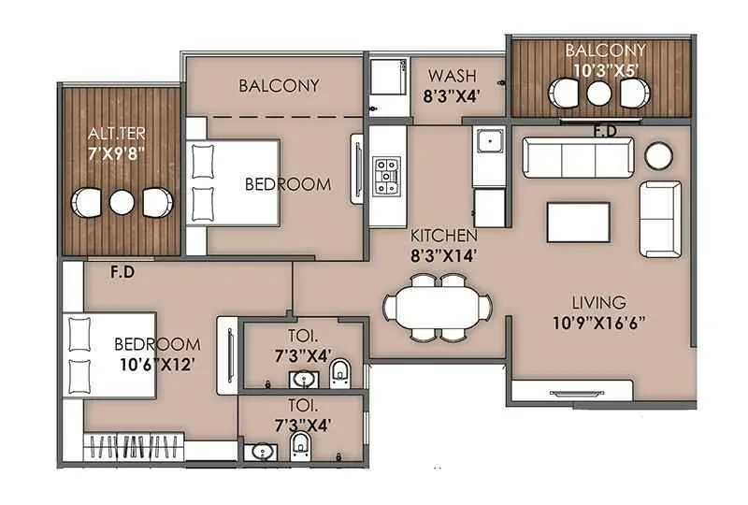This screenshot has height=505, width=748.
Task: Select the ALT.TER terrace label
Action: point(108,131)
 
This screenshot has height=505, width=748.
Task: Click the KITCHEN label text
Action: point(443,236)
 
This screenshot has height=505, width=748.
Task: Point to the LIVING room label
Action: point(598,302)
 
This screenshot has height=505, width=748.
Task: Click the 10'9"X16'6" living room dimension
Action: point(598,324)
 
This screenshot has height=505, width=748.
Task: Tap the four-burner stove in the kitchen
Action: point(387,175)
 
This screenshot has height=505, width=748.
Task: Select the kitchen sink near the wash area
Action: point(486,143)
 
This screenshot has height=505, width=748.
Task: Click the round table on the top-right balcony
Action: point(598,93)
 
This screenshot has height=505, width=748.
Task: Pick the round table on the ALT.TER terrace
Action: point(122,202)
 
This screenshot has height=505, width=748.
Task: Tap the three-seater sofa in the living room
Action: point(577,158)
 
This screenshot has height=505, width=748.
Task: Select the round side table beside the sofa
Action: point(660,154)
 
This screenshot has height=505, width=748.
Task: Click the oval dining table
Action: point(437,306)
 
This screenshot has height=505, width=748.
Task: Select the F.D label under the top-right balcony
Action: point(604,130)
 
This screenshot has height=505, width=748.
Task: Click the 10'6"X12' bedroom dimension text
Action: point(156,365)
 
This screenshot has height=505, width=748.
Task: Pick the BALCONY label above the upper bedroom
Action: point(279,85)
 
